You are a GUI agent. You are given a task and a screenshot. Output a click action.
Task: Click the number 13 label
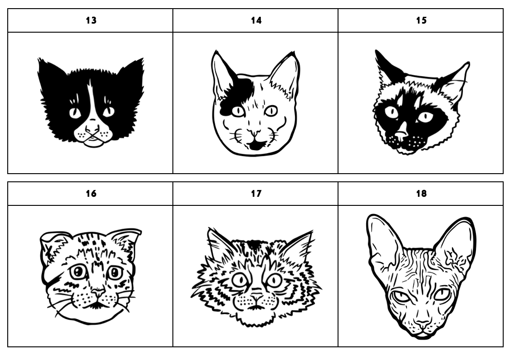pos(91,20)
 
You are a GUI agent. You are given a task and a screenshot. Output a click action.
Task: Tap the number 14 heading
pos(256,20)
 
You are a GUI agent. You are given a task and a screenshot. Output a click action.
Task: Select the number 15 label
pos(421,20)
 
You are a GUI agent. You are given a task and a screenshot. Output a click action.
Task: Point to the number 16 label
pos(91,194)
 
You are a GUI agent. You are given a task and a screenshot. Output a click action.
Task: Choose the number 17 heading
pos(256,194)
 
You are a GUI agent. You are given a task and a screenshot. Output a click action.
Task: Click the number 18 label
pos(421,194)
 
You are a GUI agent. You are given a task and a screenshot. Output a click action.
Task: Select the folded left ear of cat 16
pos(52,247)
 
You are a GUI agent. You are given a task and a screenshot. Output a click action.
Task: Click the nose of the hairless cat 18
pos(423,324)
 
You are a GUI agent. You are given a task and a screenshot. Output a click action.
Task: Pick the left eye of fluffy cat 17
pos(240,279)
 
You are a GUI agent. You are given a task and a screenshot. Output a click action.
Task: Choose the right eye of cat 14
pos(270,111)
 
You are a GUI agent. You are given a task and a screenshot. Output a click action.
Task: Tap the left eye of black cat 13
pos(75,112)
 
